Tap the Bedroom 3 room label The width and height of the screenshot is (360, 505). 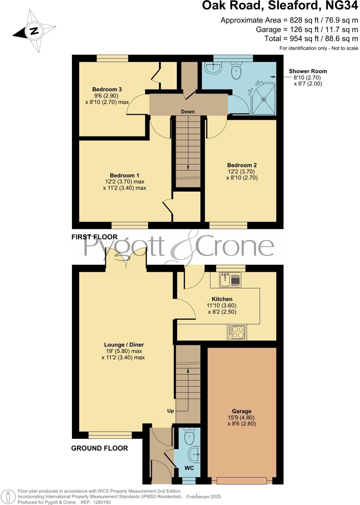point(107,89)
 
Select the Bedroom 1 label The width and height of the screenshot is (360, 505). point(124,175)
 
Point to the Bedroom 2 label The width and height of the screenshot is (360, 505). point(242,165)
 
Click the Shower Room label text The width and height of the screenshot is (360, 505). point(308,71)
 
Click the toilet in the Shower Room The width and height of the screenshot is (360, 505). point(236,70)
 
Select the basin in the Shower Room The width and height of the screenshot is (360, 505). point(213,68)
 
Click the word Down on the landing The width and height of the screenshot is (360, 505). point(188,112)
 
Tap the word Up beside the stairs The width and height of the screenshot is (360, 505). point(171,411)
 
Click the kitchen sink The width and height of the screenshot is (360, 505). point(226,279)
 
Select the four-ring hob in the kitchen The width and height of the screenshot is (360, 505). point(237,332)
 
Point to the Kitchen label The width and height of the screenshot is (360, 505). point(222,299)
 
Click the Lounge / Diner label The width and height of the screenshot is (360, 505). point(124,345)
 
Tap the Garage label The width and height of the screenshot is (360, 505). point(242,411)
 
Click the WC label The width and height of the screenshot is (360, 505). point(189,468)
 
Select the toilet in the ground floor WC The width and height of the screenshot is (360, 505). point(189,436)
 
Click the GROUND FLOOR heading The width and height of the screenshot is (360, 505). point(99,448)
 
